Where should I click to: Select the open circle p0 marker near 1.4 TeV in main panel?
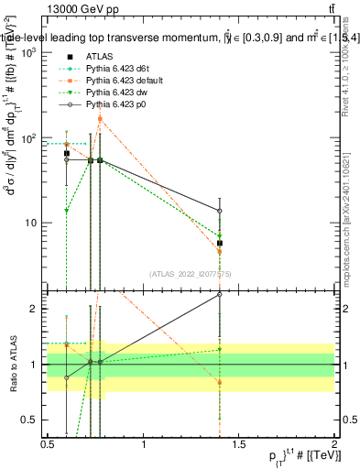pyautogui.click(x=220, y=211)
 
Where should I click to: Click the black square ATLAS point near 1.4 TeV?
pyautogui.click(x=220, y=244)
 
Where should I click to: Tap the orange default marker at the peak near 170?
pyautogui.click(x=101, y=119)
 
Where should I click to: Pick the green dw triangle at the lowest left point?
pyautogui.click(x=67, y=211)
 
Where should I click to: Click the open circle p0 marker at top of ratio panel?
pyautogui.click(x=220, y=295)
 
